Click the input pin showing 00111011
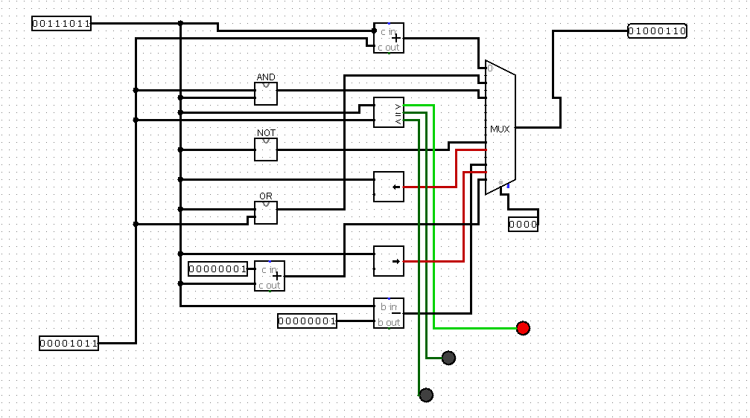(x=61, y=24)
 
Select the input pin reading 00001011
(x=69, y=343)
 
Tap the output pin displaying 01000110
(x=657, y=31)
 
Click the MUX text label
(x=500, y=129)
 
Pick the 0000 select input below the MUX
(x=523, y=224)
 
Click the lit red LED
(x=523, y=328)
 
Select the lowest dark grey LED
(x=426, y=395)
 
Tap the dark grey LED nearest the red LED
(x=448, y=358)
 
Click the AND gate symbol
(x=266, y=94)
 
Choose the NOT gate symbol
(x=266, y=149)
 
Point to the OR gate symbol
(x=266, y=213)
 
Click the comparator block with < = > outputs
(x=389, y=112)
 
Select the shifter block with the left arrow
(x=389, y=187)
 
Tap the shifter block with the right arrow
(x=389, y=261)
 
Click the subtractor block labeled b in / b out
(x=389, y=313)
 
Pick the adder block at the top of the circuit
(x=389, y=38)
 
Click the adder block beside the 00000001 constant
(x=270, y=276)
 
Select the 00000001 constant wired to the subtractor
(x=307, y=321)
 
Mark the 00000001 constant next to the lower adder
(x=217, y=269)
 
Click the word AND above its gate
(x=266, y=77)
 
